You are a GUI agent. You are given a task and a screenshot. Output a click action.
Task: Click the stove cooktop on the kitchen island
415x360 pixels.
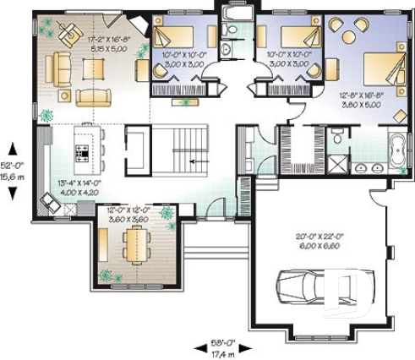[x=84, y=153]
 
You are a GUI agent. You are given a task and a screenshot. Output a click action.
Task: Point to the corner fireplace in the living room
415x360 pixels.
[x=138, y=25]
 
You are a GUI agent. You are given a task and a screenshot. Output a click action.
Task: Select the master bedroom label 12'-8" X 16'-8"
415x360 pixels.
[x=362, y=100]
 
